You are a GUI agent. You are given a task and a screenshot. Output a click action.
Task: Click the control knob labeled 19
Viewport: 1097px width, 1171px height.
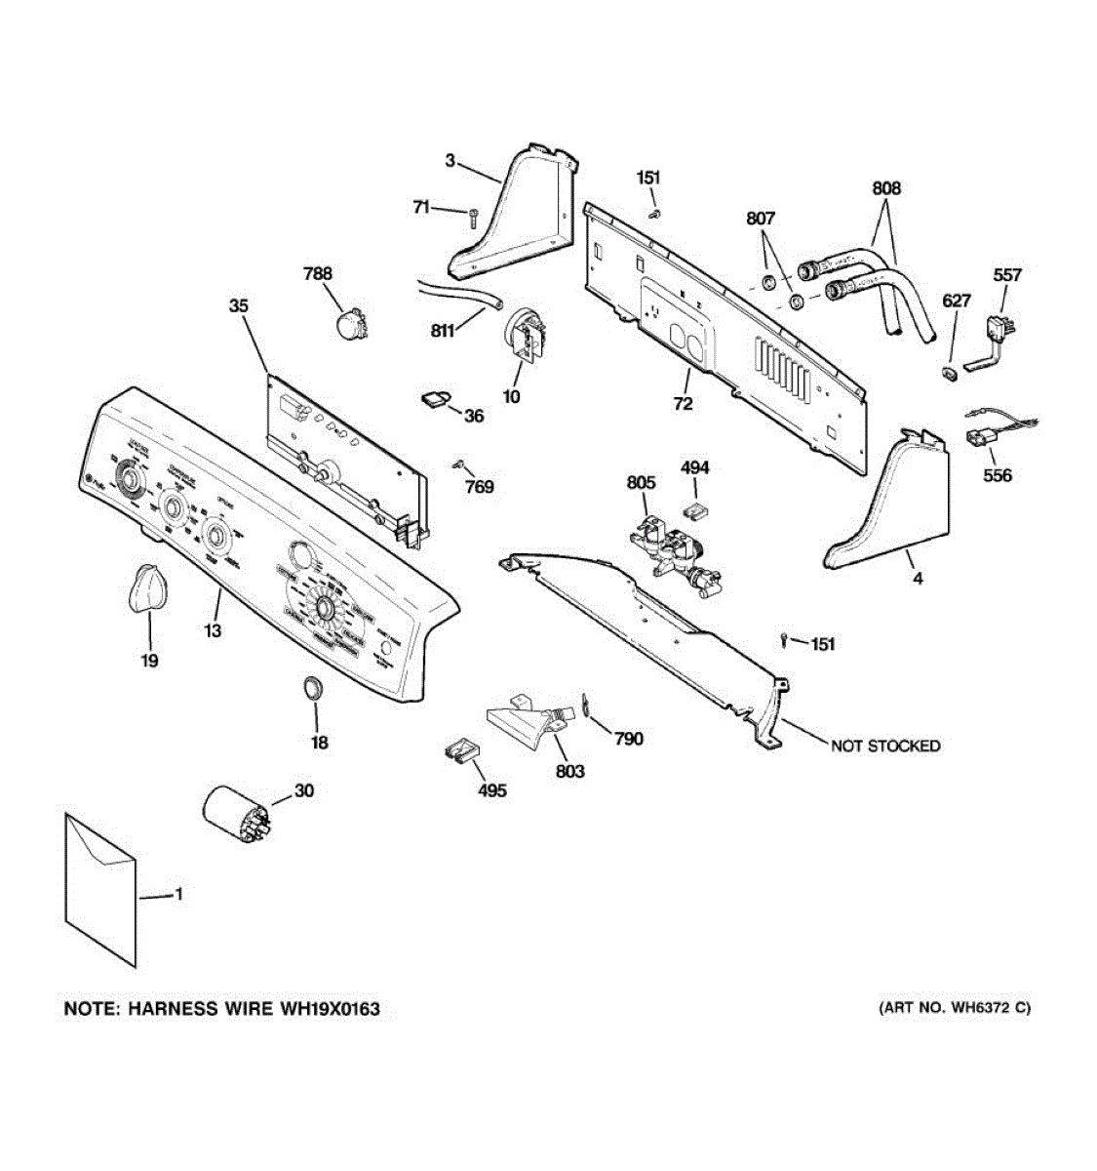tap(146, 589)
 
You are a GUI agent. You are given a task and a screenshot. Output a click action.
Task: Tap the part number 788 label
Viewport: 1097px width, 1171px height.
tap(318, 276)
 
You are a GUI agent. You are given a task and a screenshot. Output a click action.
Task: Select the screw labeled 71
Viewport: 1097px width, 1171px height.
tap(473, 217)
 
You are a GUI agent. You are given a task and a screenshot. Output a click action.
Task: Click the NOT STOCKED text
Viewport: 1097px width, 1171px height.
tap(884, 746)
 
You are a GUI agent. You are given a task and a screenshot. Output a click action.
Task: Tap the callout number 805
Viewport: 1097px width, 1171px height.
tap(641, 482)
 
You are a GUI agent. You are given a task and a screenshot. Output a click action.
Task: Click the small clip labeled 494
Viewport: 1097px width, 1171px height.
tap(695, 505)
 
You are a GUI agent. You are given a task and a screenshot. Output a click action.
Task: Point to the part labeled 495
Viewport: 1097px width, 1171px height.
tap(463, 751)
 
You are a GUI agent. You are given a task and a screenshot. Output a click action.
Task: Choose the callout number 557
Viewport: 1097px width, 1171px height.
tap(1006, 275)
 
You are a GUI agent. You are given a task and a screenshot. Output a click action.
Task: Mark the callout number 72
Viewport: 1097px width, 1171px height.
tap(683, 403)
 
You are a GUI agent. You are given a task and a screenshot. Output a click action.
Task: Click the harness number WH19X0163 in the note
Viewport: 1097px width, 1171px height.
tap(328, 1009)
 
